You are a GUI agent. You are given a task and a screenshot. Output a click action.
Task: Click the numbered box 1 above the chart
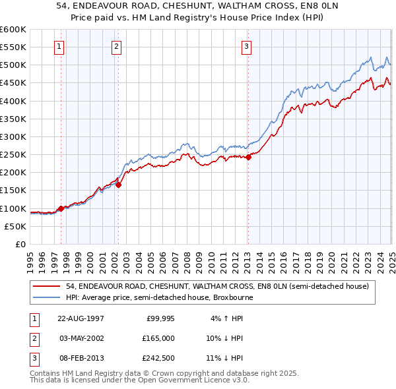[59, 46]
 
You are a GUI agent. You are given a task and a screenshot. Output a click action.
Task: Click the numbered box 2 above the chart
[116, 46]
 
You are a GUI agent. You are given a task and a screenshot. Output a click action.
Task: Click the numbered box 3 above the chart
[246, 46]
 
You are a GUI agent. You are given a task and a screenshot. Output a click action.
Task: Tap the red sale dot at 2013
[249, 158]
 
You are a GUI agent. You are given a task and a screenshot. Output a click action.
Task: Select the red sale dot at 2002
[119, 185]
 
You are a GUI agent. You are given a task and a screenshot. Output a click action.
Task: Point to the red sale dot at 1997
[61, 208]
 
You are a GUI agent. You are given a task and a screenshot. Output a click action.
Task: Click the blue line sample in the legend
[47, 297]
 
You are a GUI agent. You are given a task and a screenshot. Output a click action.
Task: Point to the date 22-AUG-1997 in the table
[81, 318]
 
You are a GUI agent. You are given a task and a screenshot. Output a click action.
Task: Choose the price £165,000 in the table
[158, 338]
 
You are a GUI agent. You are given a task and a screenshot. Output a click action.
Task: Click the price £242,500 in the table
[158, 358]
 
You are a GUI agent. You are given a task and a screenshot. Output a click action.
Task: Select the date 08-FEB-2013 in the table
[81, 358]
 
